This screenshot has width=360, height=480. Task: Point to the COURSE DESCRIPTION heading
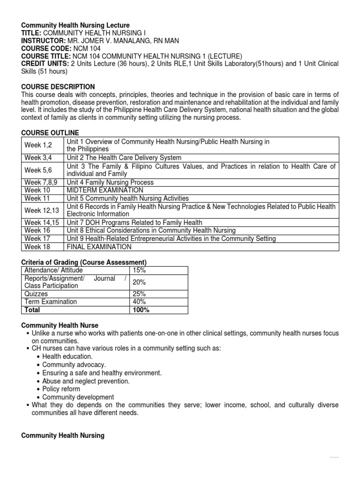click(58, 87)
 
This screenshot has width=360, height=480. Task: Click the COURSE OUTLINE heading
click(50, 133)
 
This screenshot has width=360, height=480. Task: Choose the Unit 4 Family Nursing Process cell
click(110, 182)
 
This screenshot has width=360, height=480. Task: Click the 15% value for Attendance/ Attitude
click(139, 270)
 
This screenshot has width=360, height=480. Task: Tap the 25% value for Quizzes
click(139, 294)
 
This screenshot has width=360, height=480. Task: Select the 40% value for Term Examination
click(139, 302)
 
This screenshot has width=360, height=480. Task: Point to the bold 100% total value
click(141, 310)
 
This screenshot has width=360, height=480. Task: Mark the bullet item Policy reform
click(61, 389)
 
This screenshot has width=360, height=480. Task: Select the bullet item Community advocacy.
click(74, 365)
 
